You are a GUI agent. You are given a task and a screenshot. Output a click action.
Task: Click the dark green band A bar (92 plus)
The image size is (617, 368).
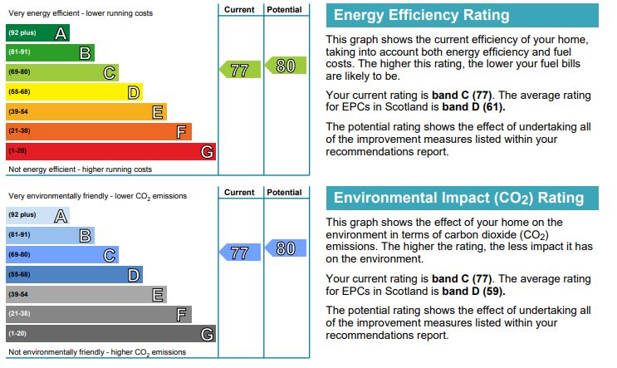[x=37, y=33]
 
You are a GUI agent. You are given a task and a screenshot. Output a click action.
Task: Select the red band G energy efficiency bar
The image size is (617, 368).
[x=110, y=151]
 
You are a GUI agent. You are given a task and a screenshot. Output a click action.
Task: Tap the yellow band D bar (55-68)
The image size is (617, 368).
[x=74, y=92]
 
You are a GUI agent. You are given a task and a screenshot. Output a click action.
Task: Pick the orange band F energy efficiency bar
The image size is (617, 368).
[x=98, y=131]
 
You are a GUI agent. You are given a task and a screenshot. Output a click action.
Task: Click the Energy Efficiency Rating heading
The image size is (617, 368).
[x=420, y=16]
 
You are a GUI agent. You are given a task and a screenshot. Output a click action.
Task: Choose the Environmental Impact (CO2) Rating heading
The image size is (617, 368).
[x=458, y=199]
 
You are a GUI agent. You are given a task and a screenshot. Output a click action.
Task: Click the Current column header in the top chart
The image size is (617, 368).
[x=239, y=9]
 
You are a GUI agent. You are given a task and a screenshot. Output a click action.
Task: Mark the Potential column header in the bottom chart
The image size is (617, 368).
[x=285, y=192]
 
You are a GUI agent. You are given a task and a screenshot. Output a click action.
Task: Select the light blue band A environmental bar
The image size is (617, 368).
[x=37, y=216]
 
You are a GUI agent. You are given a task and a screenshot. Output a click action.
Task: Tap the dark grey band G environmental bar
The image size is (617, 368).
[x=110, y=334]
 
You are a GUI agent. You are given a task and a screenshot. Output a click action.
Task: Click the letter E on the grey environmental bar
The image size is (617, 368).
[x=157, y=294]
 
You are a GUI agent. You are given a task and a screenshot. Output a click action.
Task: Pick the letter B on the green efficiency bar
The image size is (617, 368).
[x=85, y=53]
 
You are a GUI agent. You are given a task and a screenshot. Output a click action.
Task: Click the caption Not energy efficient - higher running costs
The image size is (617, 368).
[x=80, y=169]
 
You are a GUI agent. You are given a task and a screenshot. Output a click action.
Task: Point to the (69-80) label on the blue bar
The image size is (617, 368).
[x=19, y=255]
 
